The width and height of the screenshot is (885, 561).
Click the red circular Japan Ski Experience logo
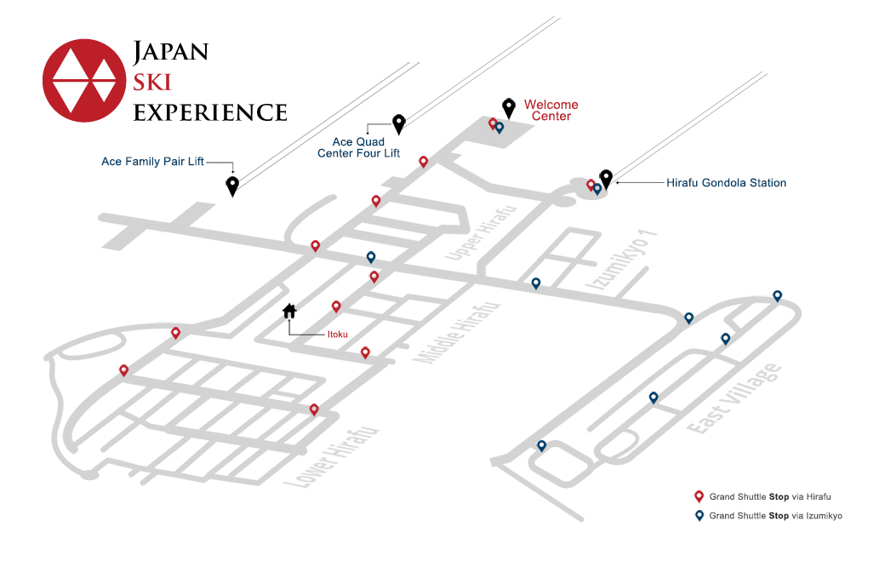tap(84, 80)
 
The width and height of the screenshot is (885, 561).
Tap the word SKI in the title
tap(151, 83)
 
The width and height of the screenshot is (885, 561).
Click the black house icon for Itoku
tap(289, 311)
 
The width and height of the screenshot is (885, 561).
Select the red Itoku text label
tap(338, 334)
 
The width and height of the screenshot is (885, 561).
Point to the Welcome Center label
tap(551, 110)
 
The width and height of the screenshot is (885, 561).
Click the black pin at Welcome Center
tap(509, 108)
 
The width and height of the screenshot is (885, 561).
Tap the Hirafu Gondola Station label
tap(726, 183)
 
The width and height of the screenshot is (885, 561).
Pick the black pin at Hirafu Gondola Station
tap(606, 180)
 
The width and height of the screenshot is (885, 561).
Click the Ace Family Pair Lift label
tap(152, 162)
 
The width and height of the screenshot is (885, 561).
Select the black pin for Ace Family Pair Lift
tap(232, 186)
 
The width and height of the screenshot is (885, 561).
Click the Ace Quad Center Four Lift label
tap(358, 147)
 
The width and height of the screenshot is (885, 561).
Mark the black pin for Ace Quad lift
tap(399, 125)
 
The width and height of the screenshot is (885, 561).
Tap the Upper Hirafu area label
tap(481, 233)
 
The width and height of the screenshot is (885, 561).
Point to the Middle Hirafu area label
tap(457, 332)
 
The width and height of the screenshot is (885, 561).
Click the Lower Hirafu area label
tap(331, 457)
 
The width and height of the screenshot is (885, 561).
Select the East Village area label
tap(734, 398)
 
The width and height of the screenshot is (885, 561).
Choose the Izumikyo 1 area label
tap(621, 260)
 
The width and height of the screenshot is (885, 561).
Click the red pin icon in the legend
tap(699, 496)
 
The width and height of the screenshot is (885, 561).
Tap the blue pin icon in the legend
tap(699, 515)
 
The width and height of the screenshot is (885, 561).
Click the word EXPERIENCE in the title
tap(210, 112)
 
